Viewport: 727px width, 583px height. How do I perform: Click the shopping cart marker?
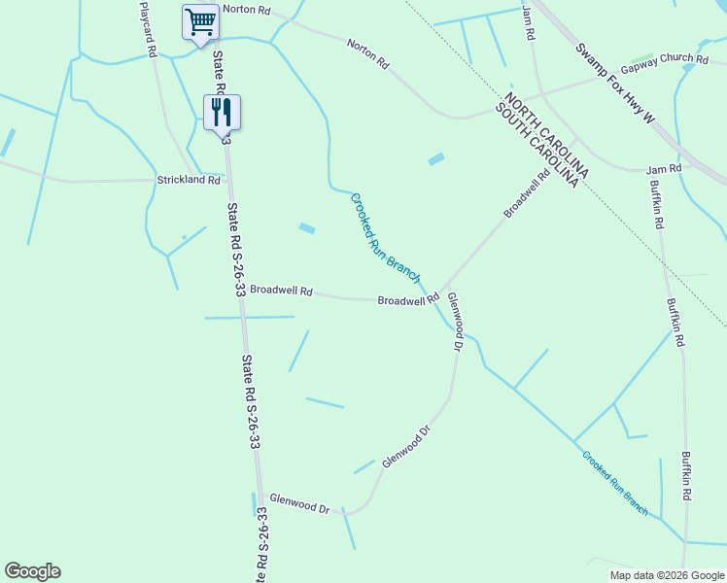tap(200, 21)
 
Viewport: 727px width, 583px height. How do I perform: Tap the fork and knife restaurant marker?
tap(222, 113)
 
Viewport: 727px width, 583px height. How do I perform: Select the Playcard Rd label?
tap(148, 30)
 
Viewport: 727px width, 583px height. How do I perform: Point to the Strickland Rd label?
tap(189, 180)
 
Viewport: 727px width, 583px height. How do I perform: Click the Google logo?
tap(32, 571)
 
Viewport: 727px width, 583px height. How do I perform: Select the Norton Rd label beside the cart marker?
tap(246, 9)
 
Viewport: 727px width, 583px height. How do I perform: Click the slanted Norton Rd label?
tap(368, 52)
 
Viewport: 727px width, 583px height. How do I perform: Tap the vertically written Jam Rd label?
tap(529, 21)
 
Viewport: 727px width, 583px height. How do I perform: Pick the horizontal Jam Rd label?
tap(664, 169)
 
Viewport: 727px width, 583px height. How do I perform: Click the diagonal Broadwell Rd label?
tap(527, 193)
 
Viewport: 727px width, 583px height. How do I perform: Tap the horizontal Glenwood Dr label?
tap(300, 503)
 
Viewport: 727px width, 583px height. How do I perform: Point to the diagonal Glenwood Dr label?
tap(406, 446)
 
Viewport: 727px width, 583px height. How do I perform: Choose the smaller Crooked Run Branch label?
tap(615, 481)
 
